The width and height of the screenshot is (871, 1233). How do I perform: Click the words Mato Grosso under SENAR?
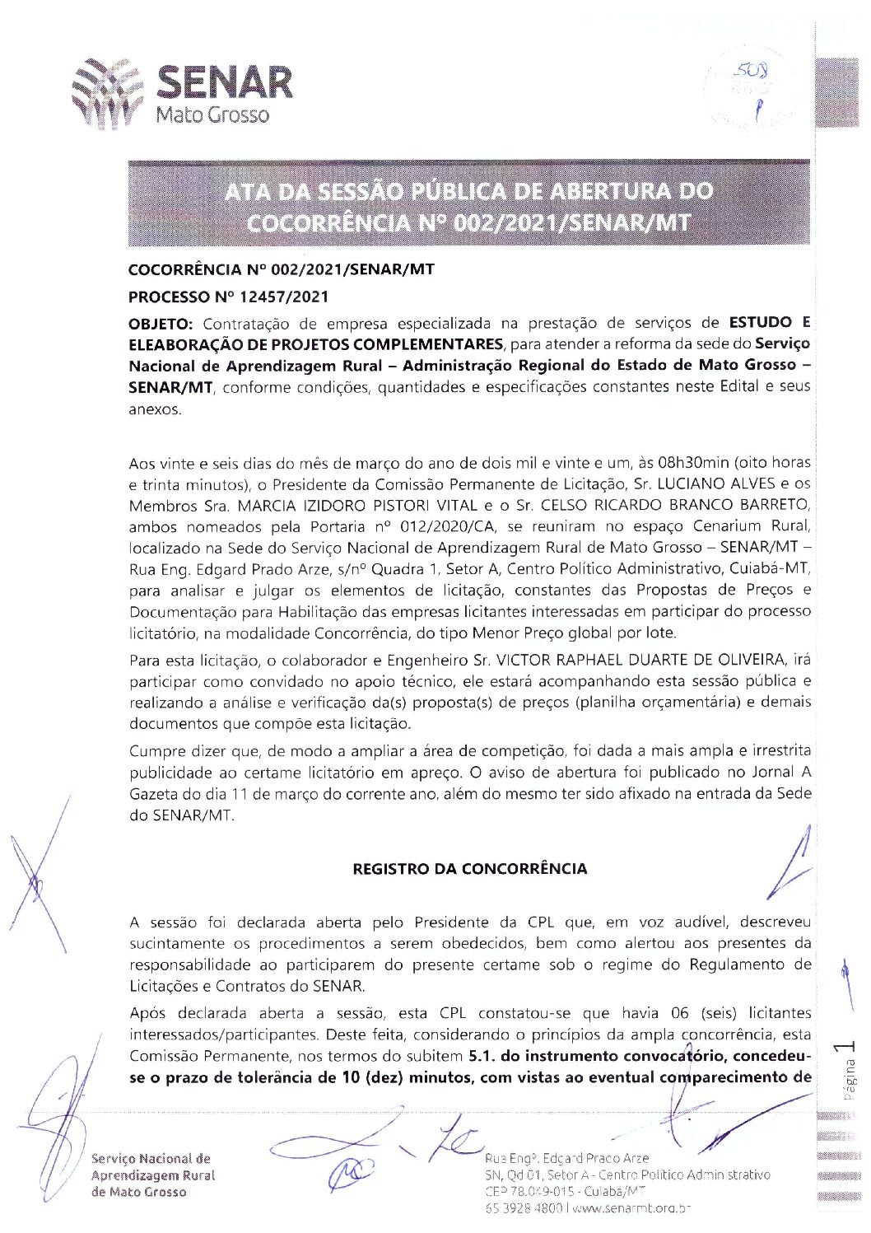212,114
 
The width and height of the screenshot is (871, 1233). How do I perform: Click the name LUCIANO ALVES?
722,484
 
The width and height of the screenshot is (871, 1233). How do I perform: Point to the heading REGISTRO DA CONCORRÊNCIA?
469,869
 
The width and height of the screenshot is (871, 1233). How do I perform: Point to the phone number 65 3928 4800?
523,1207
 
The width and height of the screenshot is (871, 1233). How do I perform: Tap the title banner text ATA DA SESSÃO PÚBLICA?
468,191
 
